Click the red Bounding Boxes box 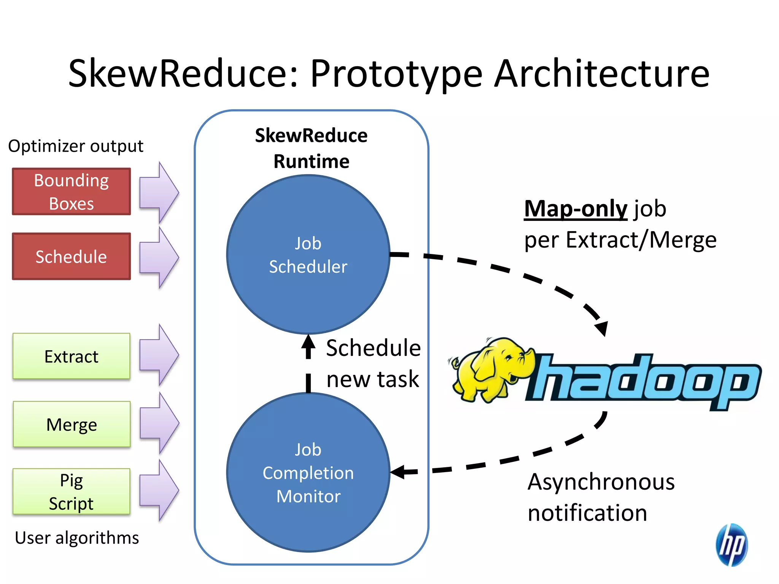71,192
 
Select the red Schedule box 71,257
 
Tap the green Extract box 71,356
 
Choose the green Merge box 71,424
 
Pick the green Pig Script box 71,492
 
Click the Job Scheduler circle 308,255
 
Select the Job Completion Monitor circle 308,473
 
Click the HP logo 731,544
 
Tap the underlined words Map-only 575,209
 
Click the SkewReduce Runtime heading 311,148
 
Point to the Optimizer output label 76,146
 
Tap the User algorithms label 77,538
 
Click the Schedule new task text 373,363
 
